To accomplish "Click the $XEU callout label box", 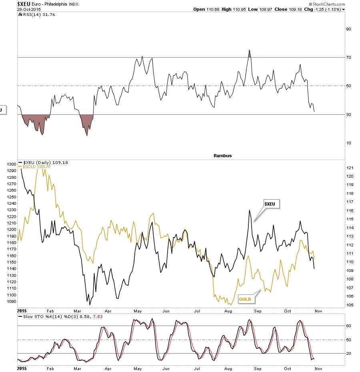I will pos(271,204).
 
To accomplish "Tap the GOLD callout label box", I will pos(245,299).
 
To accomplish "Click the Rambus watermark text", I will pos(222,156).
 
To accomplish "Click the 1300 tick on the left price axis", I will pos(11,164).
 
